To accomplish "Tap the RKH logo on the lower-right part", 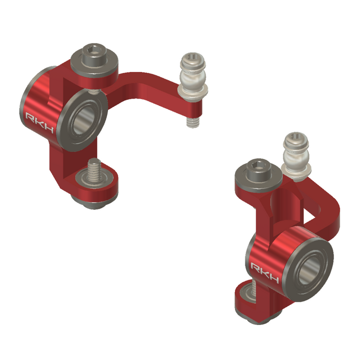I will tap(264, 273).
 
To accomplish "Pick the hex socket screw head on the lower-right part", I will tap(258, 170).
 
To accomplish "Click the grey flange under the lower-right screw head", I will tap(258, 182).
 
